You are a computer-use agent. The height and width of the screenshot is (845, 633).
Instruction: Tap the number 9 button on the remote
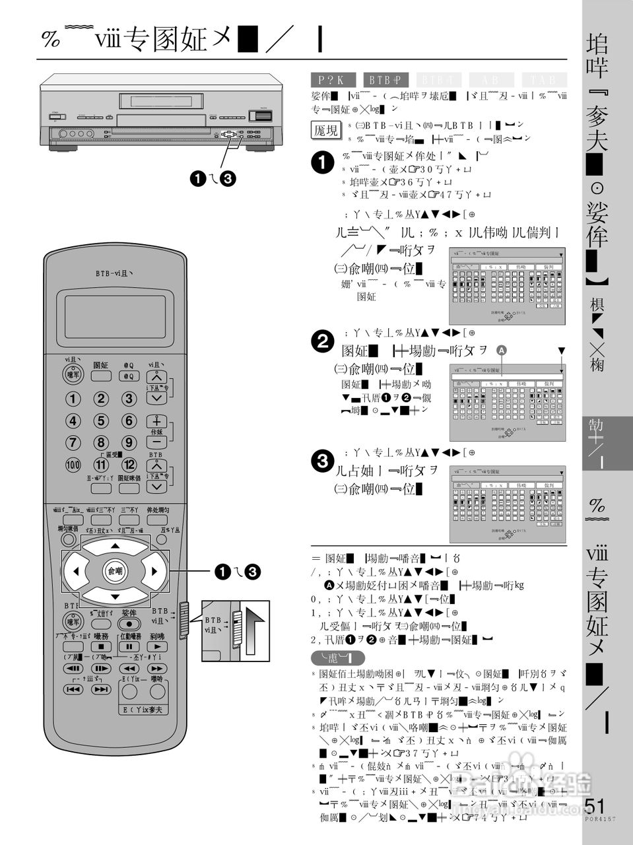coord(128,442)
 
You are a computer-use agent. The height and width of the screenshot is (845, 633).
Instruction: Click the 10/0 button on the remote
coord(73,464)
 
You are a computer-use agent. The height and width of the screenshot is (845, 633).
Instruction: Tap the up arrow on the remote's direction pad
coord(116,546)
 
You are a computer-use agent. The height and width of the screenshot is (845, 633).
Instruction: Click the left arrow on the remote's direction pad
coord(76,571)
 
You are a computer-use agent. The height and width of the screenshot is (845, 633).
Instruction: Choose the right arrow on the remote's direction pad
coord(154,571)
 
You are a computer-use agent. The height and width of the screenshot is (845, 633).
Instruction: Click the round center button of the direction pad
coord(115,571)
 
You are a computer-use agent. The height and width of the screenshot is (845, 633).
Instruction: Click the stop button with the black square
coord(101,647)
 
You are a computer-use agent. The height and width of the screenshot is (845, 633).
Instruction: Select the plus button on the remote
coord(156,421)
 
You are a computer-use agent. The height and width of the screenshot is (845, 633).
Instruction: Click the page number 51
coord(595,806)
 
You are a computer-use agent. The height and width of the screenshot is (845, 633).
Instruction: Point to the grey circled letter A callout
coord(501,350)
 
